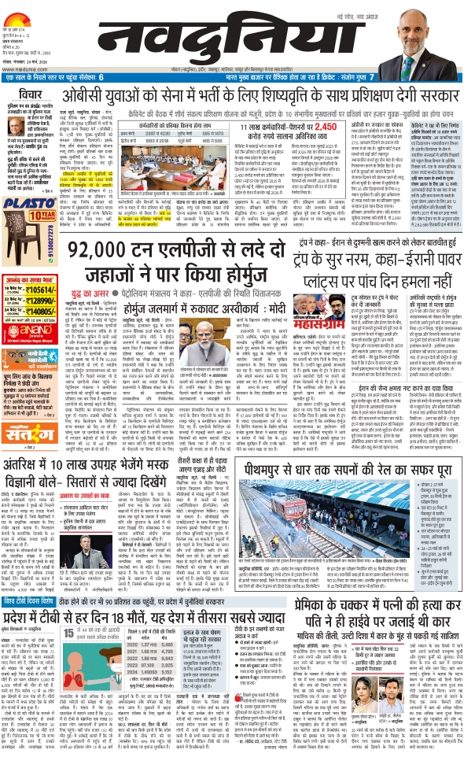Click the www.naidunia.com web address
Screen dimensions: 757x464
[x=20, y=68]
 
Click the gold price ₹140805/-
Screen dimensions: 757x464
[x=44, y=311]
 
